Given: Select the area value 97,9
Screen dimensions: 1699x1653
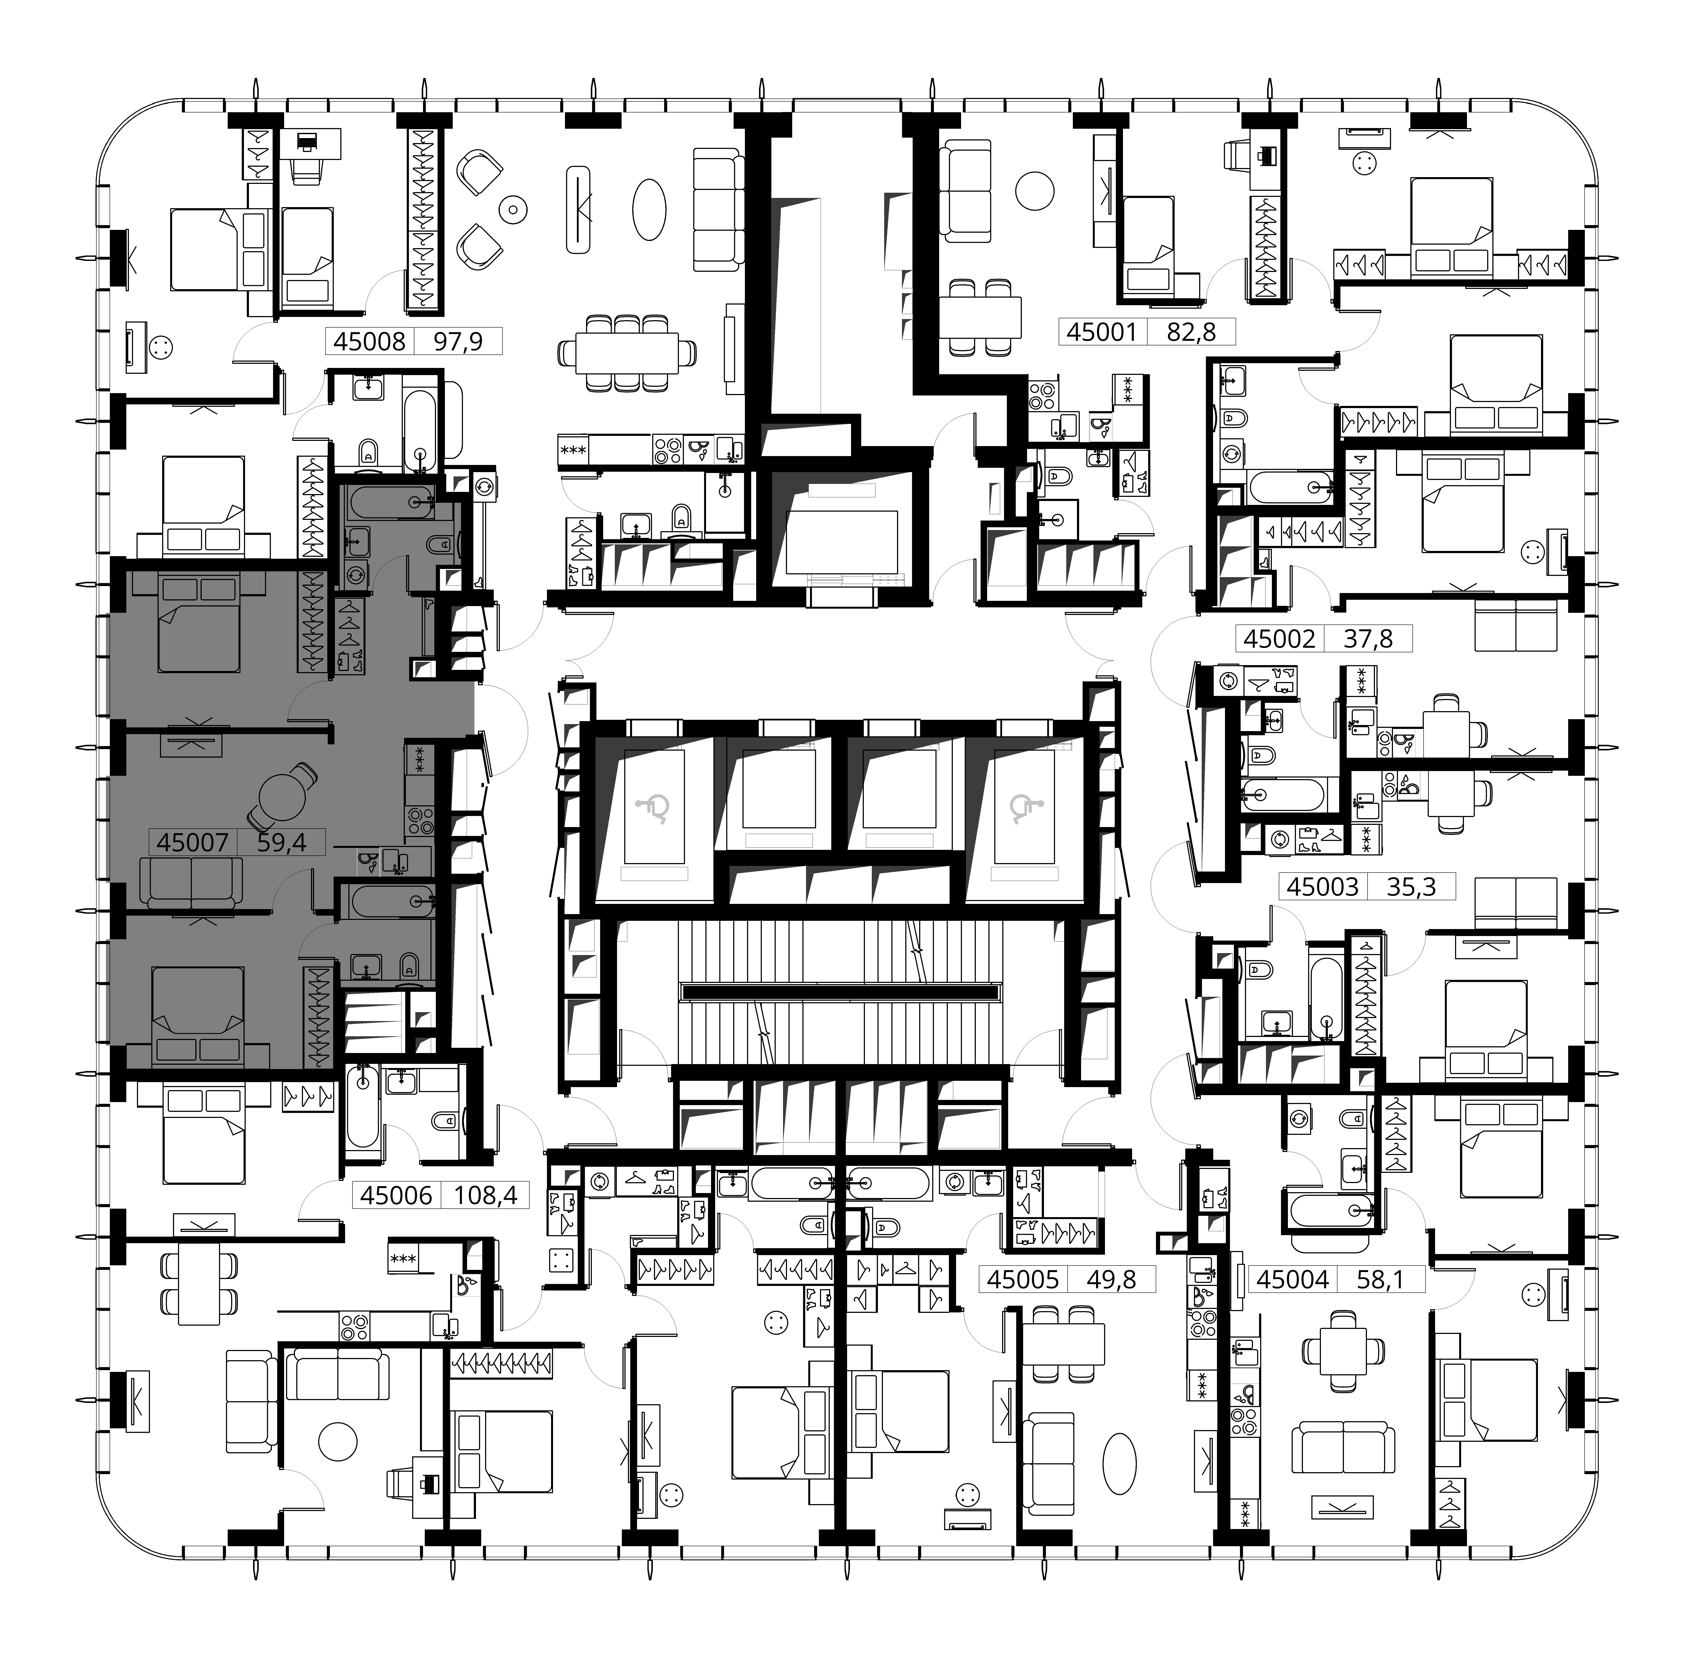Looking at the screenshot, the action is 458,341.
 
